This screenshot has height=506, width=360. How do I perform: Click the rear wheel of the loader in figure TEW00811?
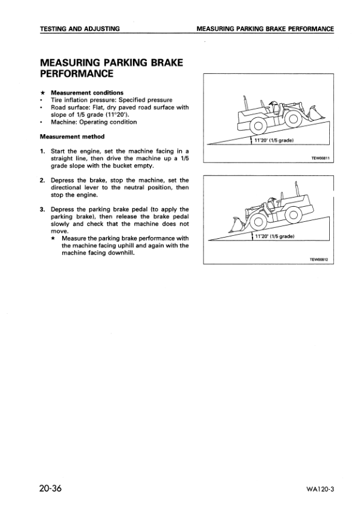259,126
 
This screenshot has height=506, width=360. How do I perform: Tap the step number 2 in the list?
43,180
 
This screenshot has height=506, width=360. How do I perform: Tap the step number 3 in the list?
43,209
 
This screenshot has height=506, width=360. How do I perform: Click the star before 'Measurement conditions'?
42,92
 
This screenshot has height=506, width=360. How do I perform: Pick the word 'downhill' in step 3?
121,253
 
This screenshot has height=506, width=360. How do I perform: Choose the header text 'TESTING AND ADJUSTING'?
79,28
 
